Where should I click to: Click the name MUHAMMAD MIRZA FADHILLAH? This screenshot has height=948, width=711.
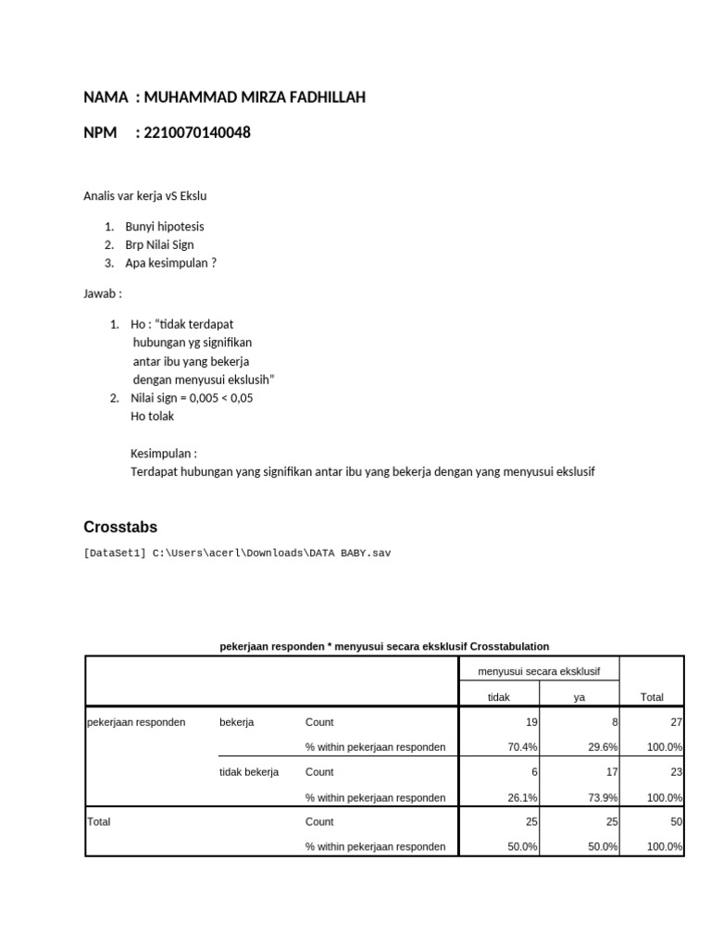click(255, 97)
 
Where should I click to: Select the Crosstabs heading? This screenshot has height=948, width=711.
click(120, 527)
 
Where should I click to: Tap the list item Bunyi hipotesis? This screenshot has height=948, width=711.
click(165, 227)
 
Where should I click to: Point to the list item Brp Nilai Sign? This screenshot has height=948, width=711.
click(159, 245)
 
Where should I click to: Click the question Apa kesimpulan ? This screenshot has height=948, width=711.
click(171, 263)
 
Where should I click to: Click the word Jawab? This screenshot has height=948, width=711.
click(102, 294)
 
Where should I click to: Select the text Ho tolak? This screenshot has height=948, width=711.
click(152, 416)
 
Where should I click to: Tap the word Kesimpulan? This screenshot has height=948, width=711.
click(163, 454)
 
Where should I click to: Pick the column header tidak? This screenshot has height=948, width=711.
click(499, 697)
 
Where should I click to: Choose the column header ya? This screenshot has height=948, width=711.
click(580, 697)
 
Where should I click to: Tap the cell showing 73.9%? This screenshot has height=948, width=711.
click(603, 797)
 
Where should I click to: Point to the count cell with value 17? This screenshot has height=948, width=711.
click(612, 772)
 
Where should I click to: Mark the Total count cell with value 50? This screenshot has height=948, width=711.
click(676, 822)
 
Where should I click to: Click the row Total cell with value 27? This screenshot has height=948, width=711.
click(676, 722)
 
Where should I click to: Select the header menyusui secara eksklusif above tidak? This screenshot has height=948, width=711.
click(539, 670)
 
